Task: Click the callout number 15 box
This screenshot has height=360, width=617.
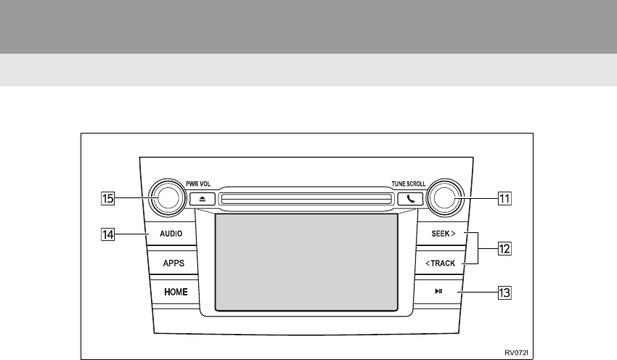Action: (x=107, y=197)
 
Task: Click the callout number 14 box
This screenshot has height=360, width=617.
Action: (x=107, y=234)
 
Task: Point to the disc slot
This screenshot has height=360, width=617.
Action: (x=304, y=197)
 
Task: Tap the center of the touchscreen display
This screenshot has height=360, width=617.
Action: (x=306, y=262)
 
